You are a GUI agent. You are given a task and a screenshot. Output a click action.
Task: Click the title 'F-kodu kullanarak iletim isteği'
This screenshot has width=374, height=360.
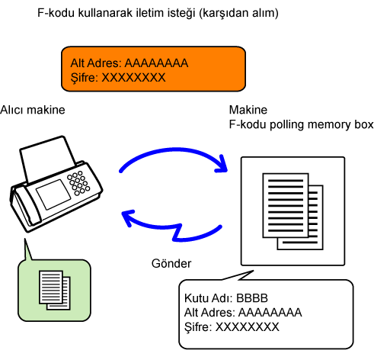click(x=117, y=13)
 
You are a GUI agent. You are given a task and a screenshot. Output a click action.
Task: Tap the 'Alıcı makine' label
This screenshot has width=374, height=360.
click(x=33, y=110)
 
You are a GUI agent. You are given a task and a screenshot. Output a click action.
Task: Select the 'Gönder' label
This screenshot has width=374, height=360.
click(x=171, y=263)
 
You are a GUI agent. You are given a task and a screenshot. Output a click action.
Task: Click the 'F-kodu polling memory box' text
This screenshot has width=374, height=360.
click(x=301, y=124)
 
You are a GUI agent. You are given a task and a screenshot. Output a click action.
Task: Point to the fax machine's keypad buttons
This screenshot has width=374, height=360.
click(x=78, y=183)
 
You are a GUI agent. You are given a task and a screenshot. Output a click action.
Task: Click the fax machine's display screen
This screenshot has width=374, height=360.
click(x=53, y=194)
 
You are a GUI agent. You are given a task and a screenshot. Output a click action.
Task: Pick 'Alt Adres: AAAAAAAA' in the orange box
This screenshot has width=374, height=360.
click(x=129, y=63)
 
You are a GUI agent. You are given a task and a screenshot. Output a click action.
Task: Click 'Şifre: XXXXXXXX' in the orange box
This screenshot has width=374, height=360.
click(x=118, y=78)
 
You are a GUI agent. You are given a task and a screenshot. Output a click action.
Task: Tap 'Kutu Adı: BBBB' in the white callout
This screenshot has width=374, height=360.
click(x=226, y=298)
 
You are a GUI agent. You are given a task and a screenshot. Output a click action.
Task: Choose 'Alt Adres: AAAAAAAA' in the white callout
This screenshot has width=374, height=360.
click(x=243, y=313)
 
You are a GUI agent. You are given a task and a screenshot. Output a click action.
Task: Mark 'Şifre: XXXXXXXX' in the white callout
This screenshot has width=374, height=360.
click(x=232, y=327)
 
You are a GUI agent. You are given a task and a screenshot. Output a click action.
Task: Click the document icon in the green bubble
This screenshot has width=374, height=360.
click(x=54, y=290)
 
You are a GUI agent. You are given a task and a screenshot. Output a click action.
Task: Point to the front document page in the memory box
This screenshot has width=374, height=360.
click(x=286, y=205)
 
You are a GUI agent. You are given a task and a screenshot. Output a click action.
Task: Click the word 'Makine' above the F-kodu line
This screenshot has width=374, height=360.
click(x=248, y=110)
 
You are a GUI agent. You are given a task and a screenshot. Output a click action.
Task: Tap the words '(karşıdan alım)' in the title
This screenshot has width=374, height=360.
click(x=238, y=13)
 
